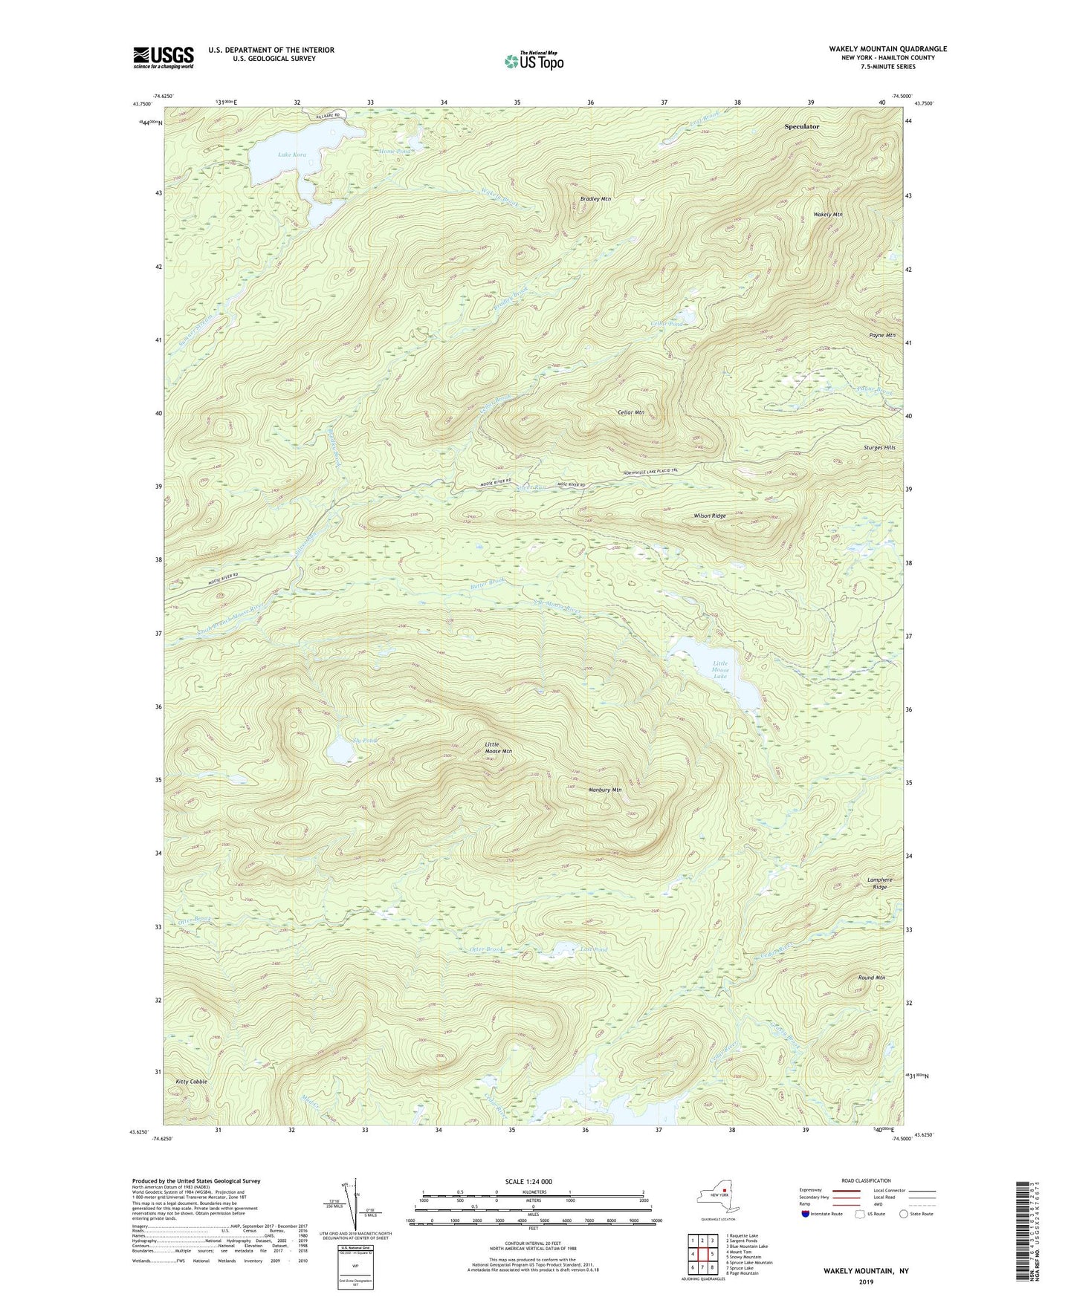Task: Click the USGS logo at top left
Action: (x=164, y=56)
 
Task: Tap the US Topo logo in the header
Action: (x=533, y=61)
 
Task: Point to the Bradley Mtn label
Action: (x=595, y=199)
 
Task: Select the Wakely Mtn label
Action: (x=827, y=215)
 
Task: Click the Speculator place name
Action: (x=801, y=126)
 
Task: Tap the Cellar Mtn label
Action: (x=630, y=412)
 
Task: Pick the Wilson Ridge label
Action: (x=709, y=516)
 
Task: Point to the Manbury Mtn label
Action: (x=604, y=790)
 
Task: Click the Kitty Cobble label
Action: (x=192, y=1082)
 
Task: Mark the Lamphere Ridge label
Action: (x=879, y=883)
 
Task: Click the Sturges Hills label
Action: (x=879, y=448)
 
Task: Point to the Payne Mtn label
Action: (x=881, y=336)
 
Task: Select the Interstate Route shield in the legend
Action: (x=806, y=1215)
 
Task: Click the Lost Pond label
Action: (x=595, y=950)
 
